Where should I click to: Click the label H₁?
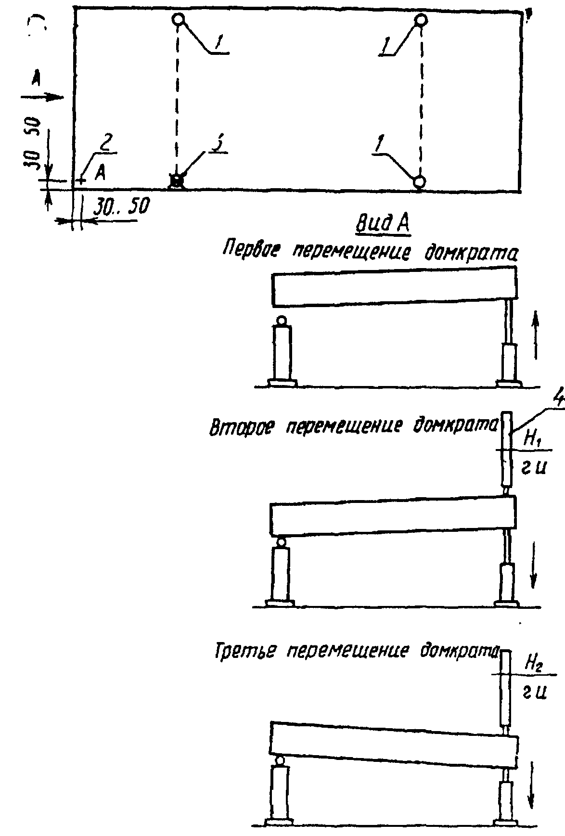[531, 439]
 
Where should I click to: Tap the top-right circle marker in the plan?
[421, 20]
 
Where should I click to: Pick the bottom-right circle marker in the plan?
[420, 181]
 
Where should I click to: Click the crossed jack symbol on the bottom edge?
[177, 181]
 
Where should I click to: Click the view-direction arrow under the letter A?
[43, 98]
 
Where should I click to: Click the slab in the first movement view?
[394, 288]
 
